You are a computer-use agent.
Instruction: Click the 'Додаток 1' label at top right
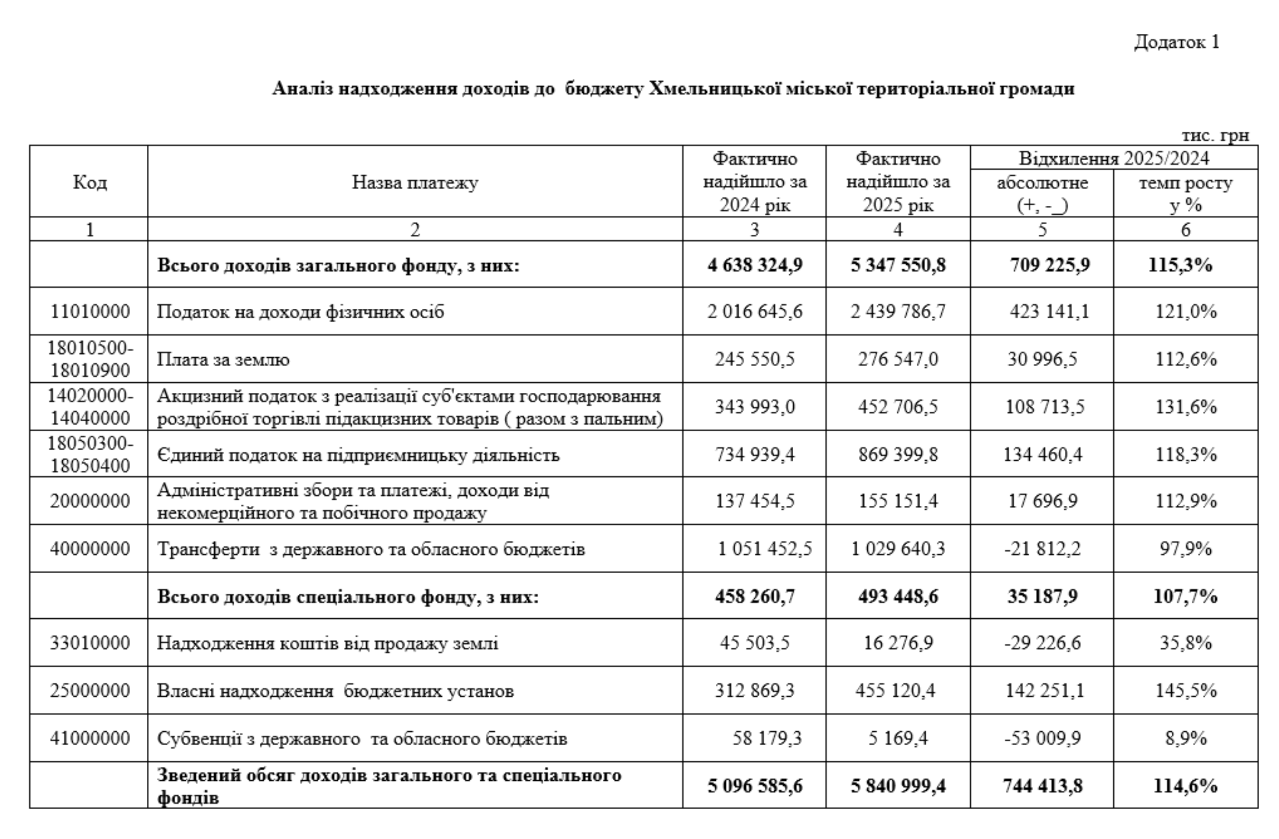tap(1177, 42)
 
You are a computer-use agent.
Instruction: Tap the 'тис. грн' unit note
tap(1215, 135)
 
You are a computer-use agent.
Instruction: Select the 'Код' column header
tap(90, 182)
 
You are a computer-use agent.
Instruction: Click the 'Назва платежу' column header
tap(415, 182)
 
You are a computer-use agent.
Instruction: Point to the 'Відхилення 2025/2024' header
tap(1113, 159)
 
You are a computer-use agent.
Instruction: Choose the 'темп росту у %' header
tap(1186, 194)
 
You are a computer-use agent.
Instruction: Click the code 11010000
tap(90, 311)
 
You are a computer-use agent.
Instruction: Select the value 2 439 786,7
tap(897, 311)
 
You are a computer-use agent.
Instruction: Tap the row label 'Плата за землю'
tap(223, 360)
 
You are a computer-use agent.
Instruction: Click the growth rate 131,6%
tap(1186, 407)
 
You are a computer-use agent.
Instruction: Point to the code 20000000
tap(90, 501)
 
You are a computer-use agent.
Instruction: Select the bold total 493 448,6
tap(897, 596)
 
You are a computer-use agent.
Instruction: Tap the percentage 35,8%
tap(1186, 643)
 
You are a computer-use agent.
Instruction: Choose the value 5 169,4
tap(897, 738)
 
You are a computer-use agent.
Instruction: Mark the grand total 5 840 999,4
tap(897, 786)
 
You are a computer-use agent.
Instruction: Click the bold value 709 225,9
tap(1049, 265)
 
